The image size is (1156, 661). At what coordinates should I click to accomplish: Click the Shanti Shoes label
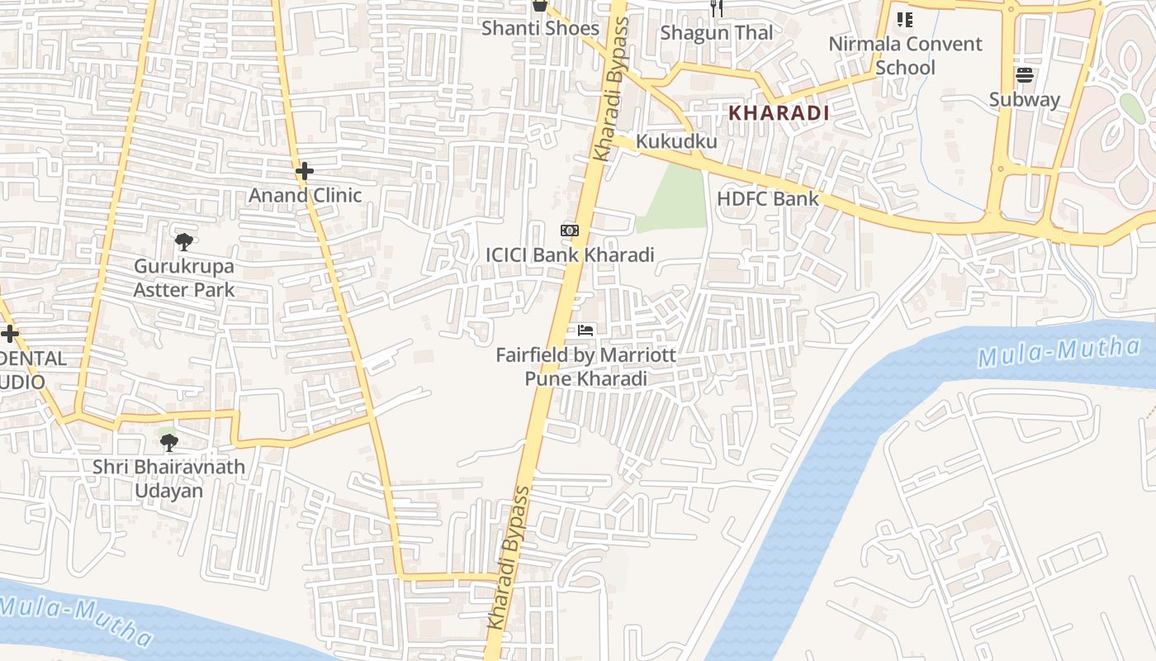pos(540,28)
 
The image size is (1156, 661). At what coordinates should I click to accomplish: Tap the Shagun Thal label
pos(717,32)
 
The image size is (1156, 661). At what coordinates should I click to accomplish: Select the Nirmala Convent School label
pos(905,55)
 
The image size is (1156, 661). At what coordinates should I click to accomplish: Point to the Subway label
pos(1024,99)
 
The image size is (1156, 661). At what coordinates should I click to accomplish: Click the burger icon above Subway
pos(1025,75)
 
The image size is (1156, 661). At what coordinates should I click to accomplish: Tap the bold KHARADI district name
pos(778,112)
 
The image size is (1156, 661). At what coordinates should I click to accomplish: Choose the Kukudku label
pos(676,141)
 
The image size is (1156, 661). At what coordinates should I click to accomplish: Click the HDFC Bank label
pos(767,198)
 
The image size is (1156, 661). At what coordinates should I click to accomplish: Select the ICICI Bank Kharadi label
pos(570,254)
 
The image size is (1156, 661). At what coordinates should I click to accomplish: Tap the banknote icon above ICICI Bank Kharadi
pos(570,231)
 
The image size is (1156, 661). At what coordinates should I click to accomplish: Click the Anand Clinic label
pos(306,195)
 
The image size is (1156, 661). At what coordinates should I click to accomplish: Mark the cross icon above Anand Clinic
pos(305,171)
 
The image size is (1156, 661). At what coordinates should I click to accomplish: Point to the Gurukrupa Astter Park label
pos(184,278)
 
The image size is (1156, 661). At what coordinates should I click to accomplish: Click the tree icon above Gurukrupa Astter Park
pos(184,242)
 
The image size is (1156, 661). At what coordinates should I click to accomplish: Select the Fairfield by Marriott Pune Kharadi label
pos(585,367)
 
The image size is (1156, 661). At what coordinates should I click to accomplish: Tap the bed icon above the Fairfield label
pos(585,330)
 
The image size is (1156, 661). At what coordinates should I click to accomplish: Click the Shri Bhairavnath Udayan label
pos(168,478)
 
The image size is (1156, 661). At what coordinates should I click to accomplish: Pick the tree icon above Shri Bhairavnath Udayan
pos(168,443)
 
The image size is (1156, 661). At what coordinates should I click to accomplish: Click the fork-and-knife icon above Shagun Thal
pos(717,8)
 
